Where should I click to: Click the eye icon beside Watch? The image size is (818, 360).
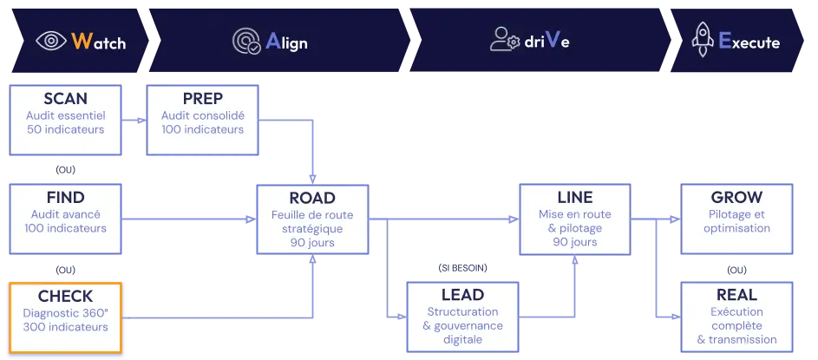coord(51,41)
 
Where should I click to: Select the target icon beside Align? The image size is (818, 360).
coord(245,41)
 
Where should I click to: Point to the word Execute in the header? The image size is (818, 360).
coord(749,41)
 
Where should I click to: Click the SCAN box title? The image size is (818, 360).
coord(65,99)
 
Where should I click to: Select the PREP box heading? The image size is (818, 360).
coord(202,99)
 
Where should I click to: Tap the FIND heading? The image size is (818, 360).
coord(66,197)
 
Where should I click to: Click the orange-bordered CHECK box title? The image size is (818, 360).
coord(66,297)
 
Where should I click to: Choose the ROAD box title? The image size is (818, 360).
coord(311,198)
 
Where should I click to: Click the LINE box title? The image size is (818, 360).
coord(574,198)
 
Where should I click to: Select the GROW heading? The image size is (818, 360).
coord(736,198)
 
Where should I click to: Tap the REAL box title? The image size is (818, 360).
coord(736,295)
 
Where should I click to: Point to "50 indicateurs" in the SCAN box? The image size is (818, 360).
coord(65,130)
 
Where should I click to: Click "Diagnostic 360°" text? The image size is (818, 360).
coord(66,312)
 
